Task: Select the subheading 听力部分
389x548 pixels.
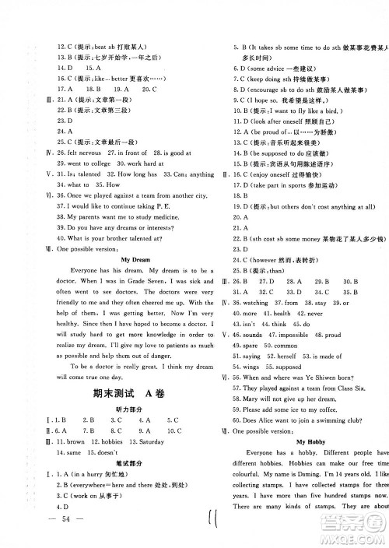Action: point(113,413)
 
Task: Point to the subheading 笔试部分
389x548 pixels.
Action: point(113,481)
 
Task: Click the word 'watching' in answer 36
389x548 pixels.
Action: point(257,302)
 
